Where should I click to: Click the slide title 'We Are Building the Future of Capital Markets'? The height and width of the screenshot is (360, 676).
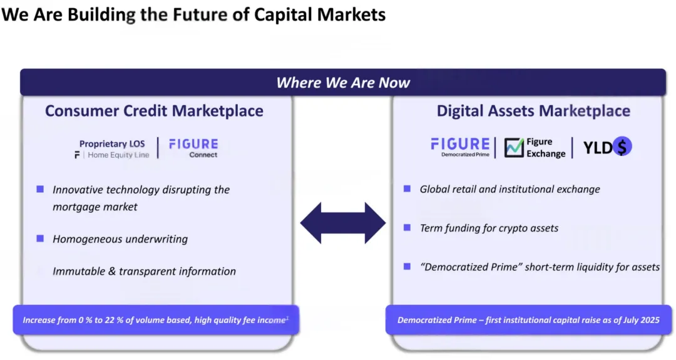coord(193,14)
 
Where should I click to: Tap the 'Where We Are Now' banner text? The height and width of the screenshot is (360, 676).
coord(343,83)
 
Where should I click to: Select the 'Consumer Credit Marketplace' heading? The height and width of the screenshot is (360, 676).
coord(154,111)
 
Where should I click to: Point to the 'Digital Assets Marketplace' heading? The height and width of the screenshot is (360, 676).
coord(533,111)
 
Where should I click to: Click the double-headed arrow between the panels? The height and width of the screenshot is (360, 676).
coord(343,223)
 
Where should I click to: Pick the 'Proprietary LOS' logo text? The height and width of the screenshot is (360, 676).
coord(112,143)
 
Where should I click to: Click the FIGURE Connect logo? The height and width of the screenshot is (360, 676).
coord(193,148)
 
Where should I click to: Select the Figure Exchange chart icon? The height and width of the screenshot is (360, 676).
coord(514,148)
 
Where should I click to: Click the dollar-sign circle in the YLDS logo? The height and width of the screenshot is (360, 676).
coord(622,146)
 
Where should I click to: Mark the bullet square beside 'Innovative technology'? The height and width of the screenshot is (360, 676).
coord(40,189)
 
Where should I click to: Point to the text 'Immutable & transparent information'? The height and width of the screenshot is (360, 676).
coord(145,271)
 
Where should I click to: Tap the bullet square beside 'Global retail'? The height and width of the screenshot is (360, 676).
coord(407,189)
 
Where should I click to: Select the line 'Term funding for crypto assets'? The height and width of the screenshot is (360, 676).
coord(489,228)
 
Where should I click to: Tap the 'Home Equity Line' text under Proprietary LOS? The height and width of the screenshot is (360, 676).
coord(118,155)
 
